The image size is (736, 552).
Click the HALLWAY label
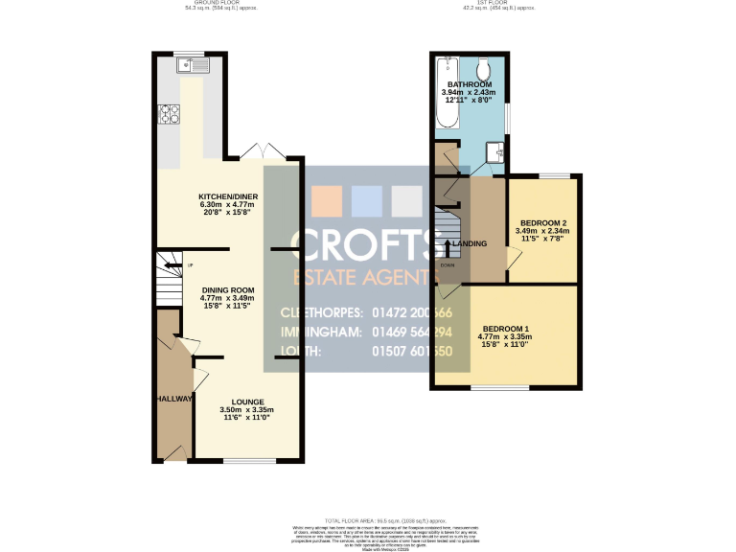172,399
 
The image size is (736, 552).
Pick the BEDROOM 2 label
542,223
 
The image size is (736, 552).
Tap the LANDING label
471,243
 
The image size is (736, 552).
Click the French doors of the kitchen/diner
261,152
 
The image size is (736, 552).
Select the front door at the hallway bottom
174,457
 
